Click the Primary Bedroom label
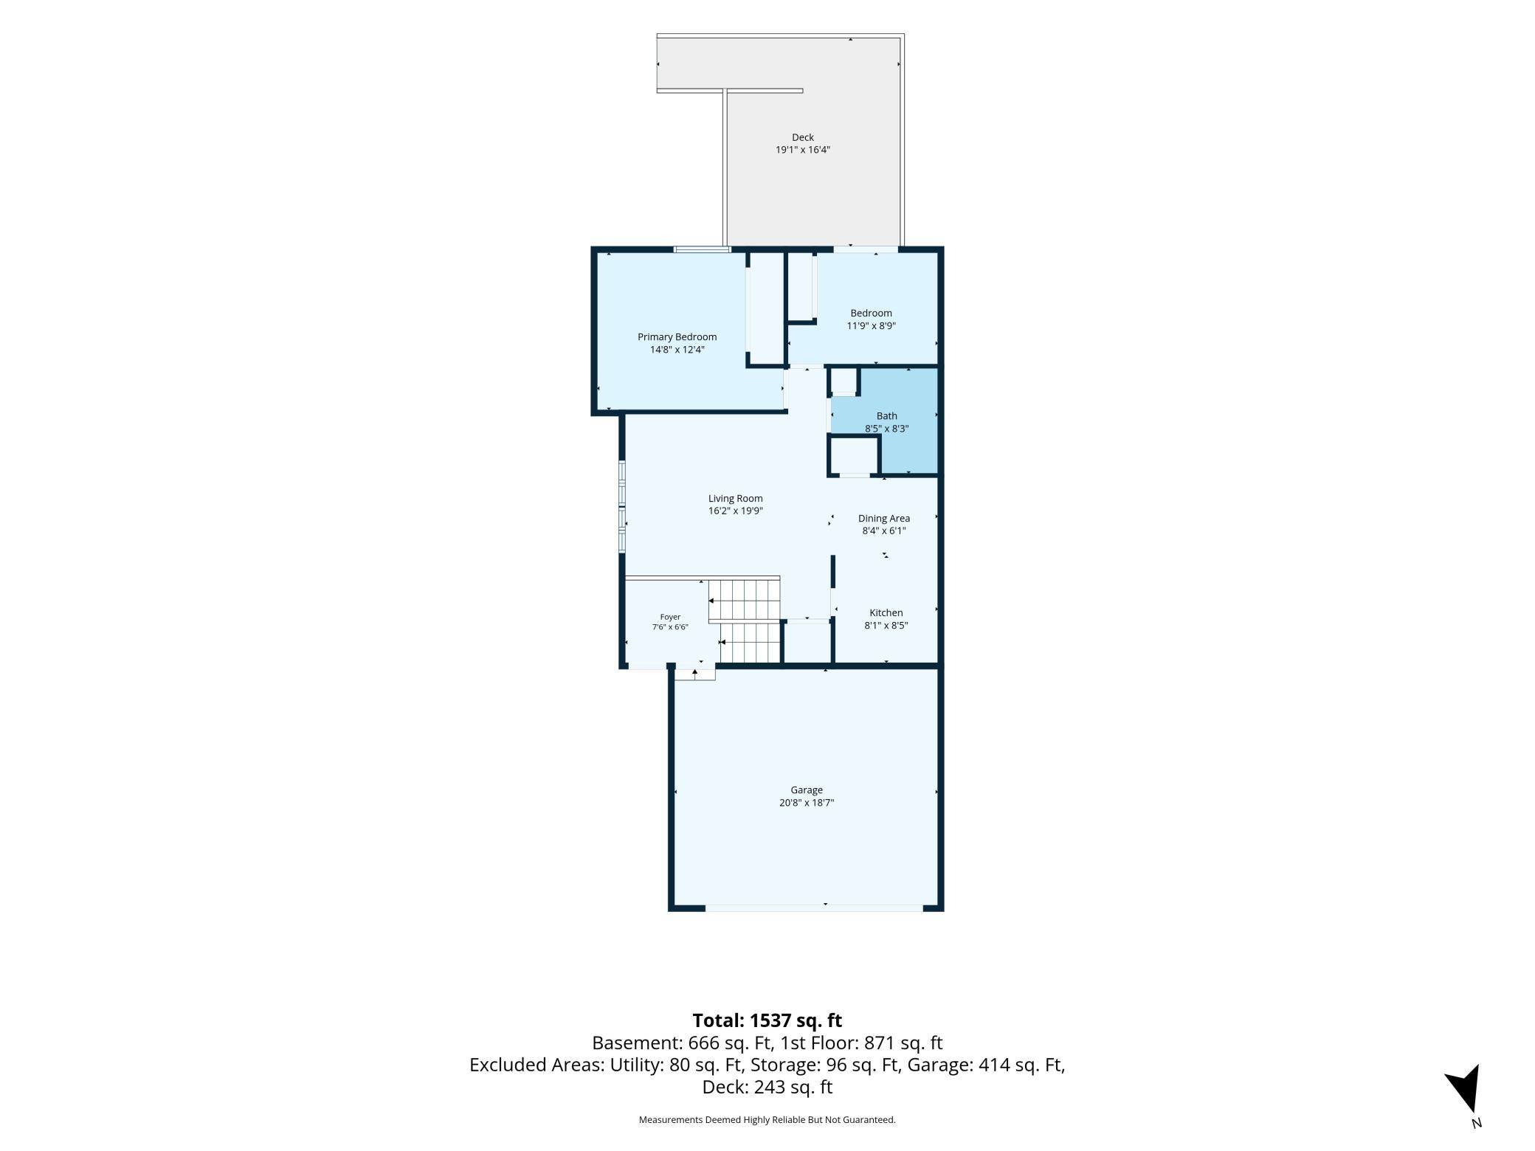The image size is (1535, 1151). pos(677,337)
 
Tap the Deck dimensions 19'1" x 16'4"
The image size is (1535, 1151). pos(802,150)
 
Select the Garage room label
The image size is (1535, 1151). pos(806,790)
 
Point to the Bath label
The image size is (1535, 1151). pos(886,416)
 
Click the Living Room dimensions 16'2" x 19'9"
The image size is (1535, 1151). pos(735,511)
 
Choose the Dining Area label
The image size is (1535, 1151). pos(883,519)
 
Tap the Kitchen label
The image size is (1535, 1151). pos(886,613)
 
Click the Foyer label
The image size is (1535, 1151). pos(670,617)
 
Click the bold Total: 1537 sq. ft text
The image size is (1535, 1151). pos(767,1020)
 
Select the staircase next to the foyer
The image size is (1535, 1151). pos(744,621)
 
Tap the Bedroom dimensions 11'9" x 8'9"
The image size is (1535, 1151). pos(871,325)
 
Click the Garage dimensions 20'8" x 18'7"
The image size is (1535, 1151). pos(806,803)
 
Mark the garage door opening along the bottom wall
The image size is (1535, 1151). pos(814,908)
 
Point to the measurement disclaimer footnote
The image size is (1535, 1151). pos(767,1119)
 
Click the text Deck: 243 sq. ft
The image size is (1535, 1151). pos(767,1087)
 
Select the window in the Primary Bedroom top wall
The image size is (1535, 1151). pos(702,249)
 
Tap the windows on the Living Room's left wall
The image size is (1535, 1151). pos(622,506)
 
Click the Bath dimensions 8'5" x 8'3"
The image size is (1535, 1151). pos(886,429)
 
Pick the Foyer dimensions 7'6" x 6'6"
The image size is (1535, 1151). pos(670,627)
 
